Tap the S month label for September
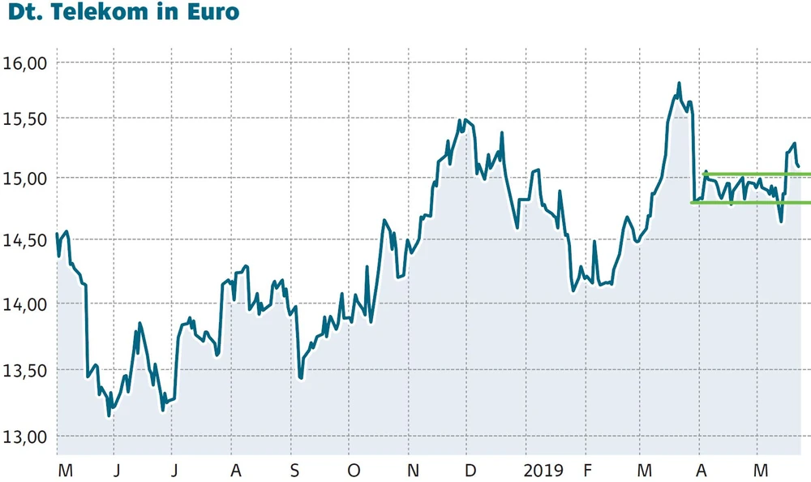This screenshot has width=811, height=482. (x=294, y=471)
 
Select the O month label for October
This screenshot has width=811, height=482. (x=353, y=471)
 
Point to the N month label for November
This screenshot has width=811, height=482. (x=413, y=471)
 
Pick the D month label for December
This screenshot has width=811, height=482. (x=470, y=471)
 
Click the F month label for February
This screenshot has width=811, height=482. (x=587, y=471)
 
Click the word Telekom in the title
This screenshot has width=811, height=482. (x=109, y=13)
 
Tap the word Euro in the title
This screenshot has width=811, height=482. (x=212, y=13)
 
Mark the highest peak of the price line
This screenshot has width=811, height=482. (x=679, y=84)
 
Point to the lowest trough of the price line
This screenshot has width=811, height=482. (x=109, y=415)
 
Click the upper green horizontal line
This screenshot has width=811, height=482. (x=754, y=174)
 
